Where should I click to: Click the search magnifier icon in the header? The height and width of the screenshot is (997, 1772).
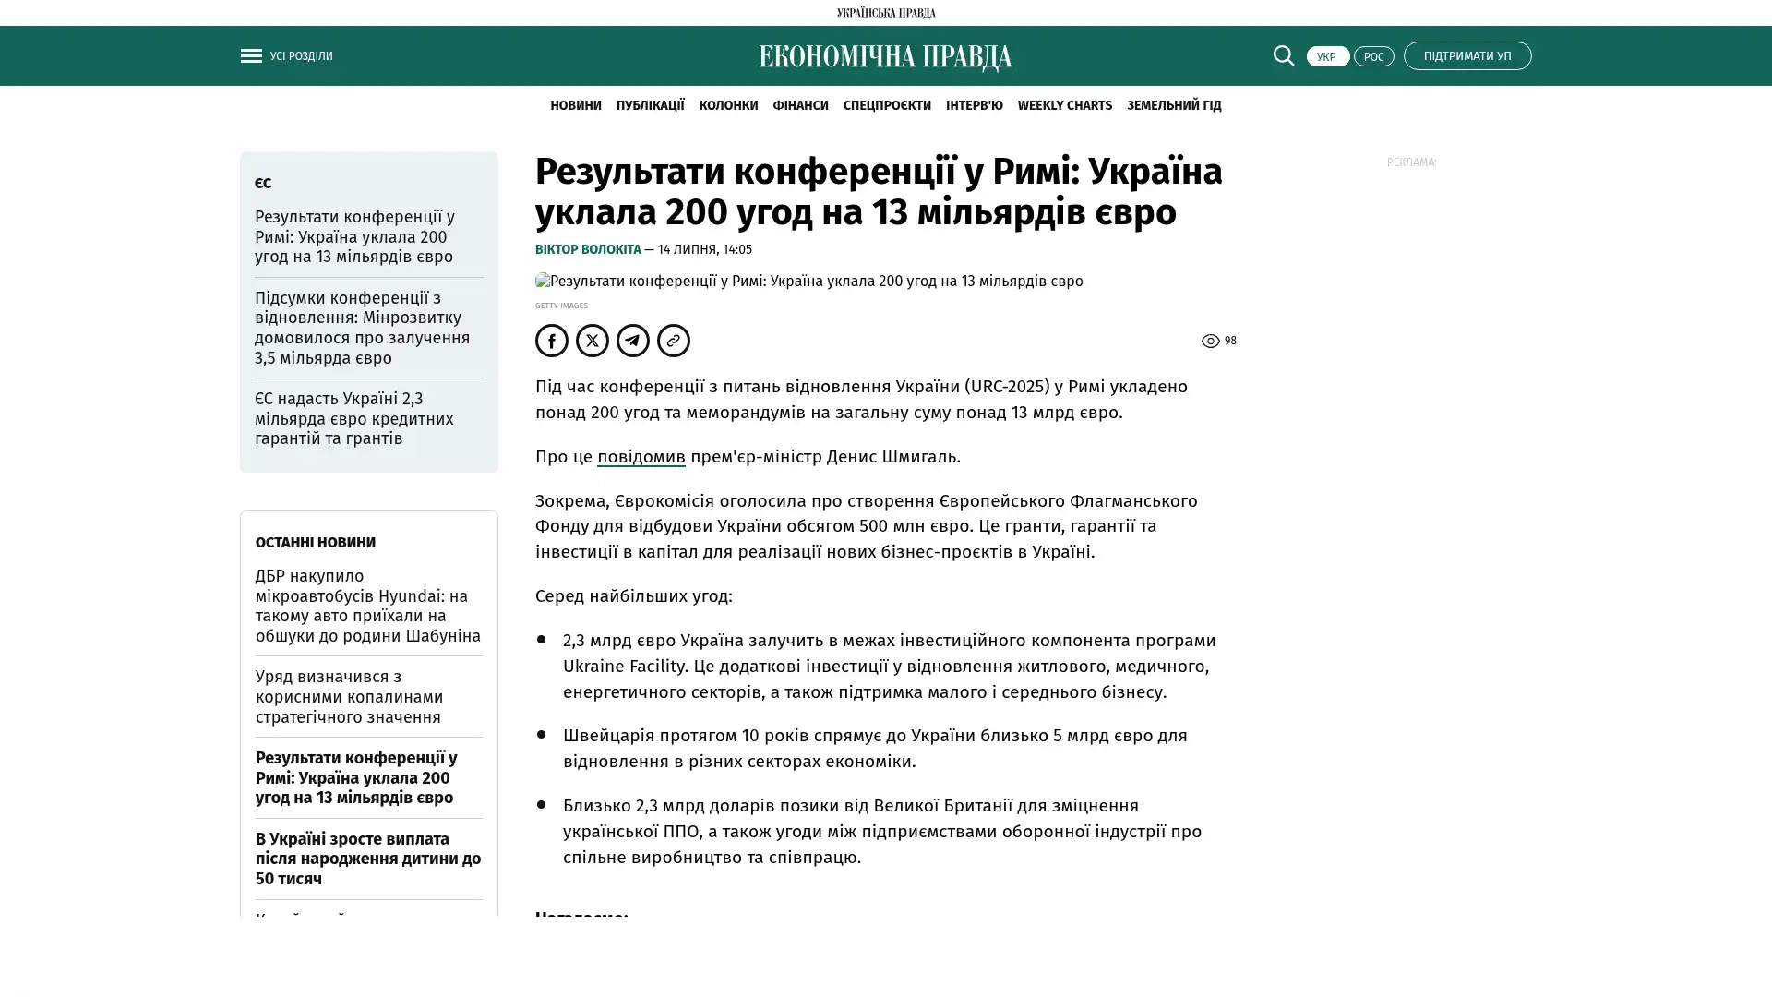coord(1283,55)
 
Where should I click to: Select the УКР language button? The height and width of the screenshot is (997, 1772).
coord(1327,56)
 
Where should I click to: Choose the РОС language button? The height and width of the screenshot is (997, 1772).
coord(1373,56)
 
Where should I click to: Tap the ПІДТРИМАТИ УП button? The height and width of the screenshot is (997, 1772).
coord(1467,55)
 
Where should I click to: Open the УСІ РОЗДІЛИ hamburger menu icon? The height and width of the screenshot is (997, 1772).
coord(251,55)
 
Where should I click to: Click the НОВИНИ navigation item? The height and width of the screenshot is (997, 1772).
coord(575,105)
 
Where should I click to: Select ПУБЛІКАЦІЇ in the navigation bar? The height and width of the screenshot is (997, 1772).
coord(650,105)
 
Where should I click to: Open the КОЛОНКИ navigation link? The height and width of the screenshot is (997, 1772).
coord(728,105)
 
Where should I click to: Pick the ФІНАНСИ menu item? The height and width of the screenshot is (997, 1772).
coord(800,105)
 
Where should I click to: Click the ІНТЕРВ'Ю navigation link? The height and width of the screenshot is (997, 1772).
coord(974,105)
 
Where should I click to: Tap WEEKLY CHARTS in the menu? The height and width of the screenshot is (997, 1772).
coord(1064,105)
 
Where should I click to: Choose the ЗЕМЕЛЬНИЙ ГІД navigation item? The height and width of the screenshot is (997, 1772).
coord(1173,105)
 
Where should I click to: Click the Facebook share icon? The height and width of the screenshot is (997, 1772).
coord(552,341)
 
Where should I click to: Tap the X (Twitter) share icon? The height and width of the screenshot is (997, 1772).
coord(593,341)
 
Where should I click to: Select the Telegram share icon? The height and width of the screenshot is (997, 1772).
coord(633,341)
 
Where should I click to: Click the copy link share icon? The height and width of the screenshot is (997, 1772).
coord(674,341)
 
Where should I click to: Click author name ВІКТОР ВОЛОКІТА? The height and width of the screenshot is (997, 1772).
coord(588,249)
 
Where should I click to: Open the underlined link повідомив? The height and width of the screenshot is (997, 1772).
coord(641,456)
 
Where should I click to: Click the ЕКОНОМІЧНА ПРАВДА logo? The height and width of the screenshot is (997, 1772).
coord(885,57)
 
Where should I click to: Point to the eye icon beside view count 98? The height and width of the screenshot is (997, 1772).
coord(1210,342)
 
